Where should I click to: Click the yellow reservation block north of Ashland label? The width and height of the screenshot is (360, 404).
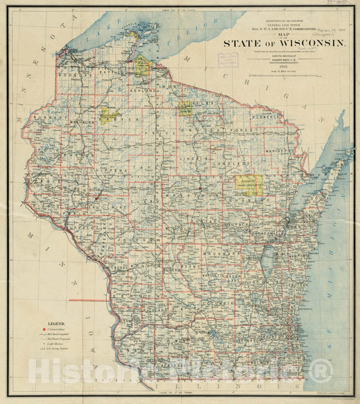tap(142, 66)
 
